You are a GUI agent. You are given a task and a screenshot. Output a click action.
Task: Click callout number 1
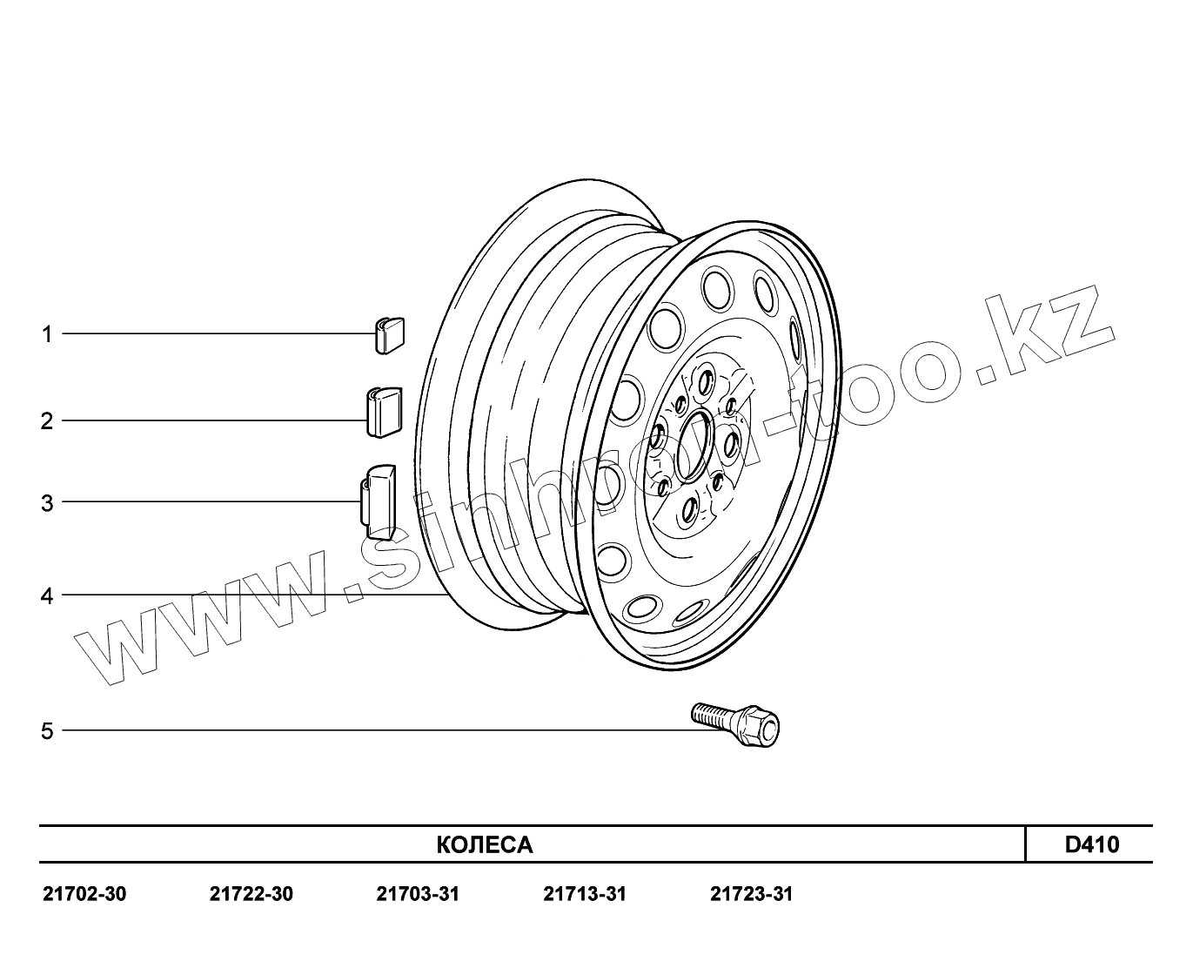click(x=47, y=334)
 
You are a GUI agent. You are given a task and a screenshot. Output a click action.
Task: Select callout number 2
click(x=47, y=421)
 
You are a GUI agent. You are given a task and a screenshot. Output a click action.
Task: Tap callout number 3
click(x=47, y=503)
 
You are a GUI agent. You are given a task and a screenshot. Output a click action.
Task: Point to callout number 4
click(x=47, y=596)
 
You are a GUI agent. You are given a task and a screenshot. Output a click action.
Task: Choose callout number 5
click(x=47, y=731)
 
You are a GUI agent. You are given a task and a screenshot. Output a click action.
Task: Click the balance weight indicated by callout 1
click(x=389, y=335)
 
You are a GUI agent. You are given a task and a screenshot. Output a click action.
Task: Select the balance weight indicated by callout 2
click(x=385, y=412)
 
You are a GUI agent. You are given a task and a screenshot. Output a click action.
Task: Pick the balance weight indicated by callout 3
click(x=378, y=502)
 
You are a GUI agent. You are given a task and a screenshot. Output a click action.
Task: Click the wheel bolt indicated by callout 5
click(x=734, y=724)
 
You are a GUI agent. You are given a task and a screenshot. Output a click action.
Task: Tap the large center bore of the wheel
click(x=694, y=445)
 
